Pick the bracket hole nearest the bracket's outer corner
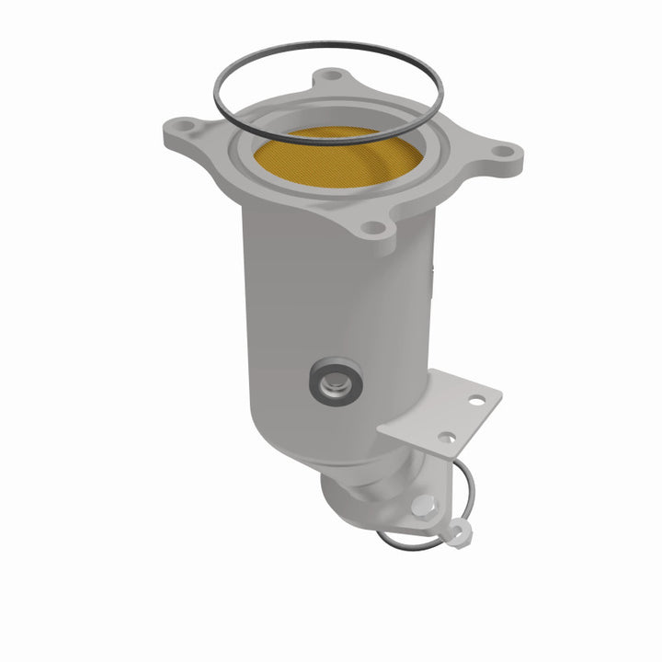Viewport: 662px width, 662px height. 475,401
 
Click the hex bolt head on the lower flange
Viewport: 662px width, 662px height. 424,503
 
